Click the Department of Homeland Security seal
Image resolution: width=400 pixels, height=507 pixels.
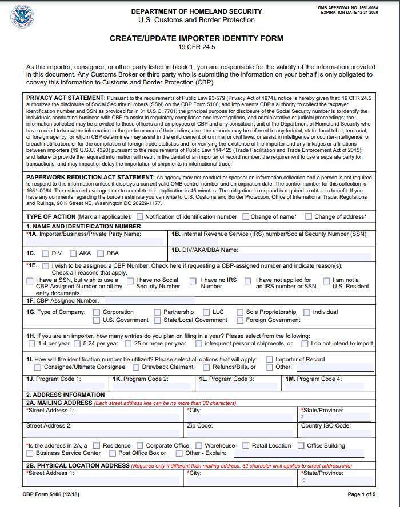pyautogui.click(x=22, y=16)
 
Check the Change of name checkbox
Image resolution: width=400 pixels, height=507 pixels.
pyautogui.click(x=246, y=217)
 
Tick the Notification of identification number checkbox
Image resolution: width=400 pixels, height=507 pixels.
pyautogui.click(x=140, y=217)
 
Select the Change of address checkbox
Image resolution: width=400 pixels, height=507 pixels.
pyautogui.click(x=309, y=217)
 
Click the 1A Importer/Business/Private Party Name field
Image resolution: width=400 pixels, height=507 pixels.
pyautogui.click(x=95, y=242)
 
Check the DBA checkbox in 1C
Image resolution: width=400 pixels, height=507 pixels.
pyautogui.click(x=101, y=253)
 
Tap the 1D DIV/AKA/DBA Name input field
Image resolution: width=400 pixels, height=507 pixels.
pyautogui.click(x=271, y=257)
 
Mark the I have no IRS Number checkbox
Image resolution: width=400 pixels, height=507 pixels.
pyautogui.click(x=193, y=281)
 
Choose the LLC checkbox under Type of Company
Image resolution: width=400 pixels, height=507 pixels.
pyautogui.click(x=207, y=312)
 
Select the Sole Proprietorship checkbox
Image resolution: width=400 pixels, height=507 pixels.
pyautogui.click(x=241, y=312)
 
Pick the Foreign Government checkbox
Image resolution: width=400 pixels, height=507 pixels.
pyautogui.click(x=241, y=320)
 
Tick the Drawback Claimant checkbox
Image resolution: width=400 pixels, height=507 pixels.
pyautogui.click(x=137, y=367)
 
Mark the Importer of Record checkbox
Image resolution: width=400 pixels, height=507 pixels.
pyautogui.click(x=269, y=360)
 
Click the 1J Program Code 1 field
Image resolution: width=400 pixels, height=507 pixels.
pyautogui.click(x=66, y=386)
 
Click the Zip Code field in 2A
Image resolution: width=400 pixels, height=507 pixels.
pyautogui.click(x=241, y=433)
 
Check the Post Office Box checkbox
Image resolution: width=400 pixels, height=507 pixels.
pyautogui.click(x=112, y=453)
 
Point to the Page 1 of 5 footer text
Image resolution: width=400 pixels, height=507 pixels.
pyautogui.click(x=361, y=494)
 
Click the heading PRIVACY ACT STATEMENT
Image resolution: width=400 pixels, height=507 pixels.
pyautogui.click(x=65, y=98)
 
